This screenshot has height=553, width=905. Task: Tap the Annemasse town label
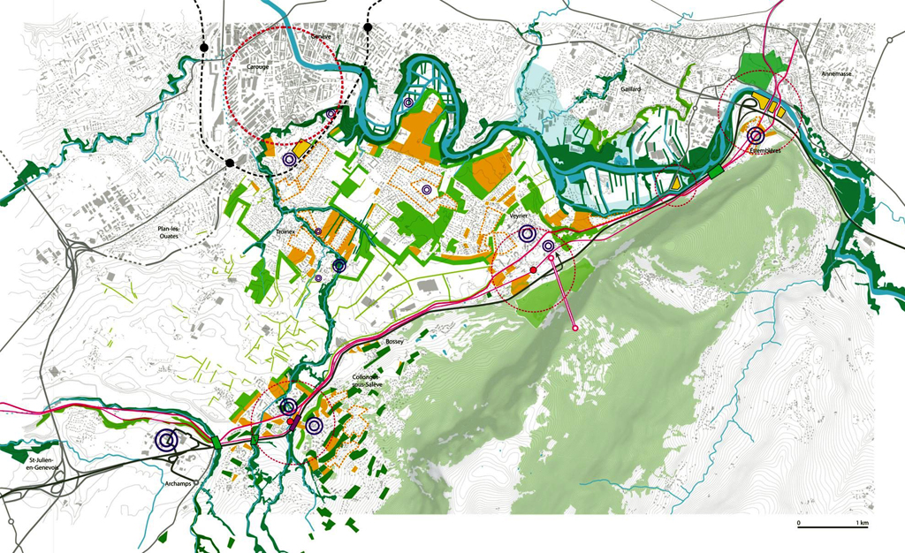click(835, 74)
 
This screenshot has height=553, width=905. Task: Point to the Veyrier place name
click(519, 215)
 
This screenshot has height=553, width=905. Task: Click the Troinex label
click(285, 231)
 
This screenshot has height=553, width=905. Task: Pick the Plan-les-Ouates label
click(174, 233)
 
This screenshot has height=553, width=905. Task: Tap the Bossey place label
click(395, 341)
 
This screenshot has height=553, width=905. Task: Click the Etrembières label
click(765, 151)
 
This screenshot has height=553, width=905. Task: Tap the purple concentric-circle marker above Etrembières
click(756, 136)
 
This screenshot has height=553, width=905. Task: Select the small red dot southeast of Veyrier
click(533, 269)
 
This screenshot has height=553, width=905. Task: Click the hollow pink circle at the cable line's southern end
click(575, 328)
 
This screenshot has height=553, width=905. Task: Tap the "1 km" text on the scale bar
click(862, 524)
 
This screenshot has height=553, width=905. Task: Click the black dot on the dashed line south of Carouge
click(230, 163)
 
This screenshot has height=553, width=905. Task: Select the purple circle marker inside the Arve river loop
click(407, 103)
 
